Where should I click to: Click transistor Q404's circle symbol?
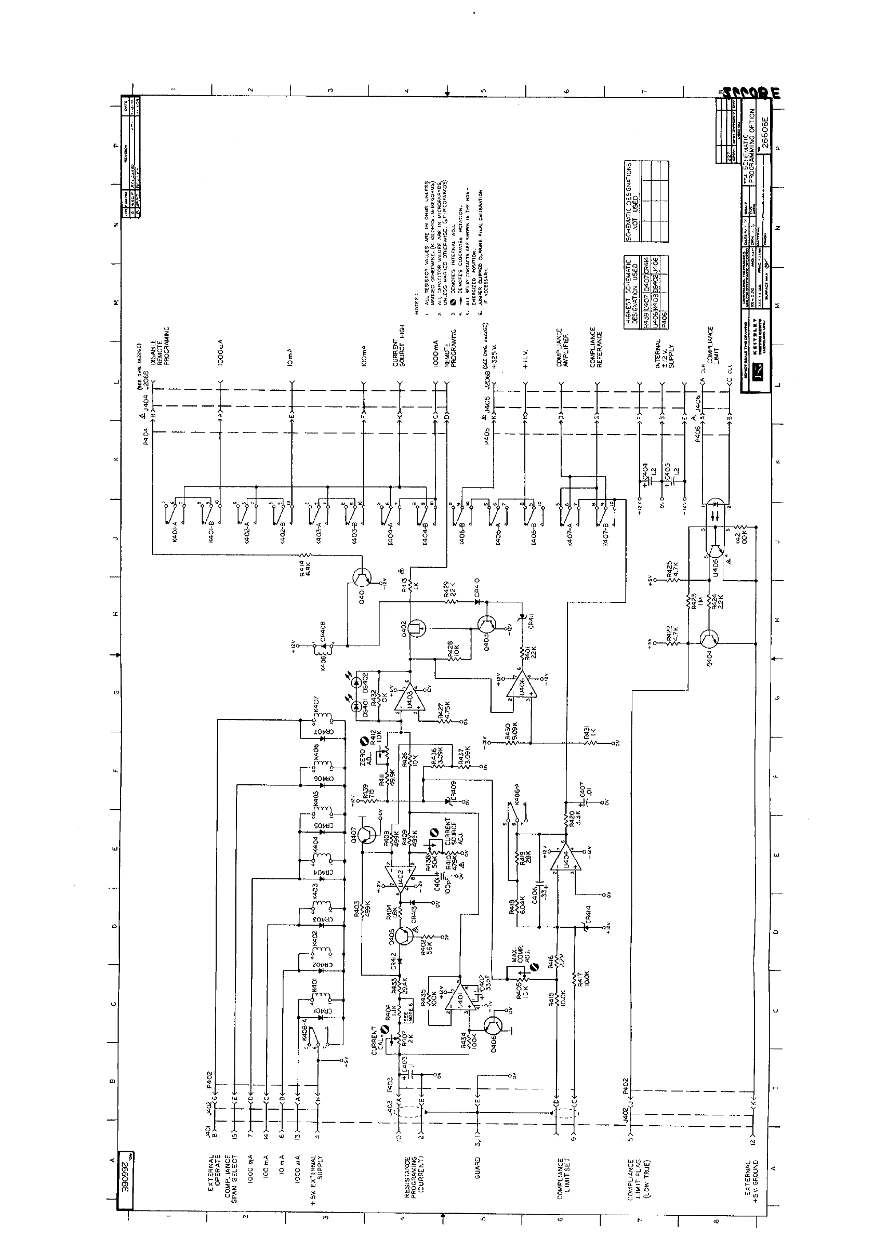pyautogui.click(x=712, y=639)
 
